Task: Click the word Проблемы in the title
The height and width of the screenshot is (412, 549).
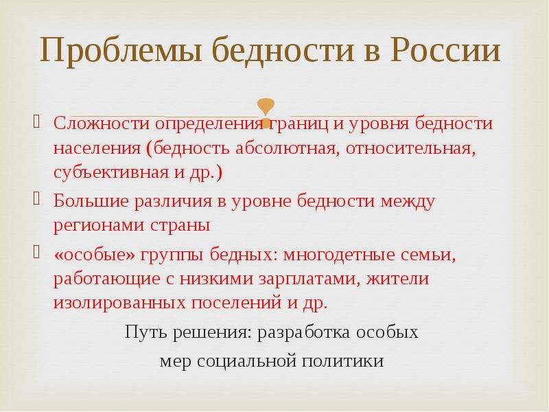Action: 121,50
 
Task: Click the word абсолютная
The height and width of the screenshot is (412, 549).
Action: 285,148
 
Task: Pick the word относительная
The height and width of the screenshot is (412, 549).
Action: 411,148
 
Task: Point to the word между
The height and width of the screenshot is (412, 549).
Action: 408,201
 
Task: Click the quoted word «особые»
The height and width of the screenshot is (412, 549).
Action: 94,255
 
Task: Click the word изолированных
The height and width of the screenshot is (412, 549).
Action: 119,303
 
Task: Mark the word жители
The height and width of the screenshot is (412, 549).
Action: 398,279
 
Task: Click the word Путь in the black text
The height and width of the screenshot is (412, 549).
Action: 146,332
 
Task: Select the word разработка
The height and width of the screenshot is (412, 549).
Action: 303,333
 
